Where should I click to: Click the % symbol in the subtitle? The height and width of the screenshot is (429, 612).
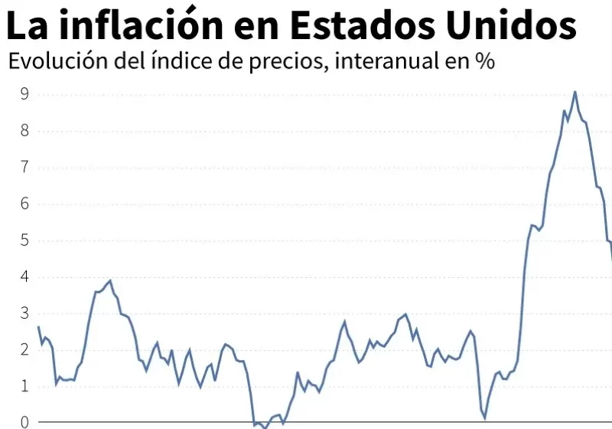point(483,63)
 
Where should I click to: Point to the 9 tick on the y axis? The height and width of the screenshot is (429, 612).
point(24,94)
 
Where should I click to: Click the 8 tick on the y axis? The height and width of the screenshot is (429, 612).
point(24,130)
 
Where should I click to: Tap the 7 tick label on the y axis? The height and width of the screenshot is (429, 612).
point(24,167)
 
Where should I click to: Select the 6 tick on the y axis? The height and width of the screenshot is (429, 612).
point(24,204)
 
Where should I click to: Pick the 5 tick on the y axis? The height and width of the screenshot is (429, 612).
point(24,241)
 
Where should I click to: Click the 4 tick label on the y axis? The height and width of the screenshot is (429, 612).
point(24,277)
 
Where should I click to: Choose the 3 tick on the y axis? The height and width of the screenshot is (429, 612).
point(24,313)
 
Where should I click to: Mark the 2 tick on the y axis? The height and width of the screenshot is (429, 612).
point(24,349)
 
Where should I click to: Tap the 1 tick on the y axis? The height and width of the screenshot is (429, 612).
point(24,386)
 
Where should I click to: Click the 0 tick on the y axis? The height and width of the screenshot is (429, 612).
point(24,422)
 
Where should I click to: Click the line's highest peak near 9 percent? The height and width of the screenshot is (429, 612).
point(575,92)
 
